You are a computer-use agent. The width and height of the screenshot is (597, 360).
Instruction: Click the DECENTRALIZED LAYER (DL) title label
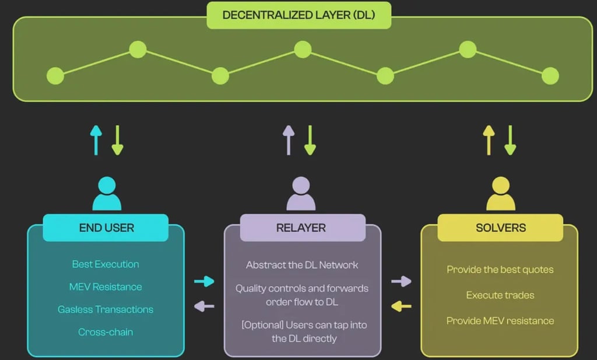(x=299, y=15)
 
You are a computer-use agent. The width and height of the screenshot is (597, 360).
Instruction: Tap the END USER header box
(x=106, y=228)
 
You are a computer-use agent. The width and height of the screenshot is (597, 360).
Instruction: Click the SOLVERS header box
(x=500, y=228)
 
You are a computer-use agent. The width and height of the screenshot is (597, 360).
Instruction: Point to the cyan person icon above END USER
(x=107, y=193)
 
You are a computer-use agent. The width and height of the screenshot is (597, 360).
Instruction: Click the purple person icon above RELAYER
(x=301, y=193)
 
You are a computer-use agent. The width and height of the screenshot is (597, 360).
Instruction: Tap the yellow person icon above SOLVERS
(x=501, y=193)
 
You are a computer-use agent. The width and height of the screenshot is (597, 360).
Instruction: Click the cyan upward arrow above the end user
(x=96, y=140)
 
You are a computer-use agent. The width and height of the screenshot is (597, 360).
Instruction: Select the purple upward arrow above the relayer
(x=289, y=140)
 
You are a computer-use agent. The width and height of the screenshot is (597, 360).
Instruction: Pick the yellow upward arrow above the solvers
(x=489, y=140)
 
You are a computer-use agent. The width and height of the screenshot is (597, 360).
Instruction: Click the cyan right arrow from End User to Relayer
(x=204, y=281)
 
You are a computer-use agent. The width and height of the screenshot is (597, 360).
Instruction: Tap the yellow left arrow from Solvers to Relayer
(x=401, y=306)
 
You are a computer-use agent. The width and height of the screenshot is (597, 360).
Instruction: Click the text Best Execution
(x=106, y=264)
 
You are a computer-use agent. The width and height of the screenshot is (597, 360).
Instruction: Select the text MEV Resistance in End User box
(x=106, y=287)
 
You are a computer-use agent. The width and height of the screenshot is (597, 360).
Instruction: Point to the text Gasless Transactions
(x=106, y=309)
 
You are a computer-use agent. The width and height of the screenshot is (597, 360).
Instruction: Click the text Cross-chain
(x=106, y=332)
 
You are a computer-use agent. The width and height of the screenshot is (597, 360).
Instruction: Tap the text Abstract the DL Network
(x=302, y=265)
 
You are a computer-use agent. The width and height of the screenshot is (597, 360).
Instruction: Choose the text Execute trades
(x=500, y=295)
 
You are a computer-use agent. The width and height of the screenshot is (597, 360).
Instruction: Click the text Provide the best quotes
(x=500, y=270)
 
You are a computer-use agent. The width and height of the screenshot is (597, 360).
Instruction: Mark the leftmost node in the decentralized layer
(x=55, y=76)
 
